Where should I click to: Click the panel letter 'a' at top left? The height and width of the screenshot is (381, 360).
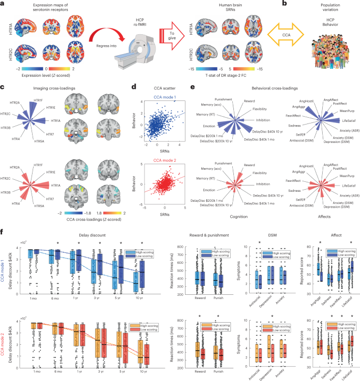click(x=4, y=5)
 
